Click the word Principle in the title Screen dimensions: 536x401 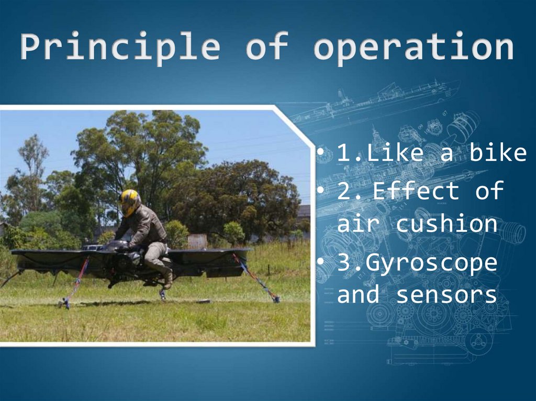tap(120, 48)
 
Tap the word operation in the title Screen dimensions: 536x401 tap(414, 48)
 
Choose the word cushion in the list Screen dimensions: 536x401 tap(446, 224)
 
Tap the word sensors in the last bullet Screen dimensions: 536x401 tap(446, 294)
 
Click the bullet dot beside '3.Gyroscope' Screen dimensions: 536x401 tap(320, 261)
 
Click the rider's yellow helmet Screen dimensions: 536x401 tap(129, 202)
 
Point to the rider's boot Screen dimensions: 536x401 tap(167, 279)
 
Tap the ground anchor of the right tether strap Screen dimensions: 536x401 tap(275, 300)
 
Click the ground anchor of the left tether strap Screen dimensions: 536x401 tap(64, 303)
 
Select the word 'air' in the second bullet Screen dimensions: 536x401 tap(358, 224)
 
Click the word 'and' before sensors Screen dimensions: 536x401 tap(358, 294)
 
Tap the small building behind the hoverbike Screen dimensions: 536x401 tap(197, 241)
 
